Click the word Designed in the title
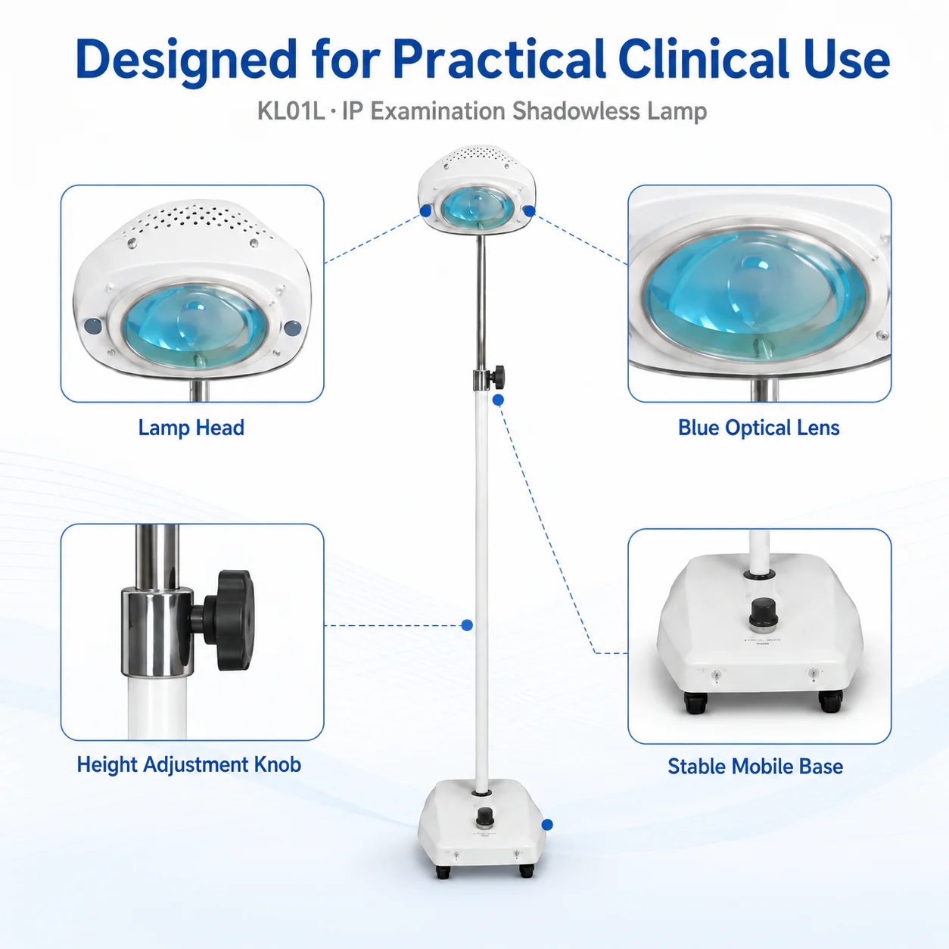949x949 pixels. pyautogui.click(x=185, y=61)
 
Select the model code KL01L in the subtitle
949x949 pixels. pyautogui.click(x=291, y=110)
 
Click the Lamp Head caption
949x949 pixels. pyautogui.click(x=191, y=428)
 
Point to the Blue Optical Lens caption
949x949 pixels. pyautogui.click(x=758, y=428)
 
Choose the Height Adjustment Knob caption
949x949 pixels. pyautogui.click(x=189, y=765)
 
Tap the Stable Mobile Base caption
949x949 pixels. pyautogui.click(x=755, y=767)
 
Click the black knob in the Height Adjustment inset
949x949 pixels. pyautogui.click(x=230, y=621)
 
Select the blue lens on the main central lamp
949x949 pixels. pyautogui.click(x=477, y=207)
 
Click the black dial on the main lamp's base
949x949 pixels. pyautogui.click(x=484, y=817)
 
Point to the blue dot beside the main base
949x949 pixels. pyautogui.click(x=547, y=825)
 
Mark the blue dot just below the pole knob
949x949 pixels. pyautogui.click(x=498, y=400)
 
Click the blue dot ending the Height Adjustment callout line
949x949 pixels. pyautogui.click(x=467, y=625)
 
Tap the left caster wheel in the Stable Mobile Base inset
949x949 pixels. pyautogui.click(x=695, y=702)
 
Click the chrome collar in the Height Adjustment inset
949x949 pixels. pyautogui.click(x=157, y=632)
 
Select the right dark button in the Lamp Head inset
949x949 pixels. pyautogui.click(x=293, y=328)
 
